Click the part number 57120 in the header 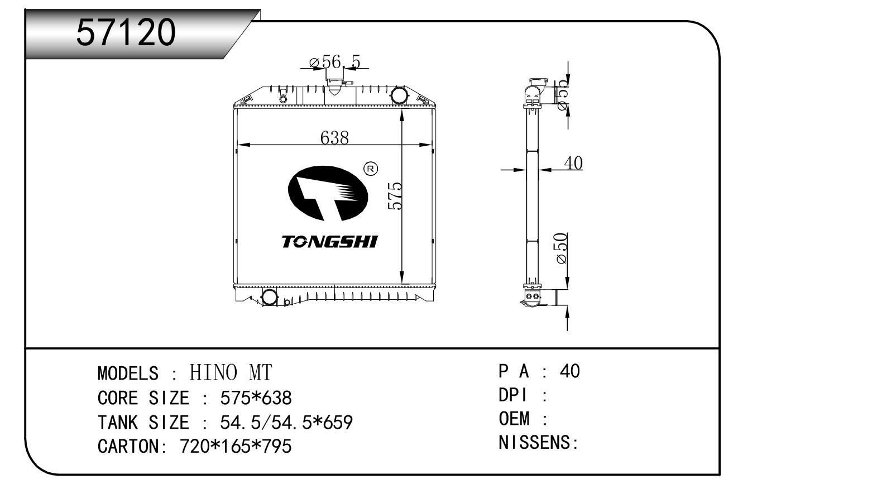click(126, 32)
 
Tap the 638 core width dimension click(334, 137)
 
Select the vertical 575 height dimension click(395, 195)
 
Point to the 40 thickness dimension click(573, 163)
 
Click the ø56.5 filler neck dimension click(335, 62)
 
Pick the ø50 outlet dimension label click(562, 248)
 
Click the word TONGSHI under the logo click(329, 242)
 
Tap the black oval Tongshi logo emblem click(328, 194)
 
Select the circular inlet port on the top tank click(399, 95)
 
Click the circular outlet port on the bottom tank click(270, 297)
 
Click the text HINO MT click(231, 372)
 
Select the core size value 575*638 click(256, 398)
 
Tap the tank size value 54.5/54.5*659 click(286, 423)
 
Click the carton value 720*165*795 click(236, 447)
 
